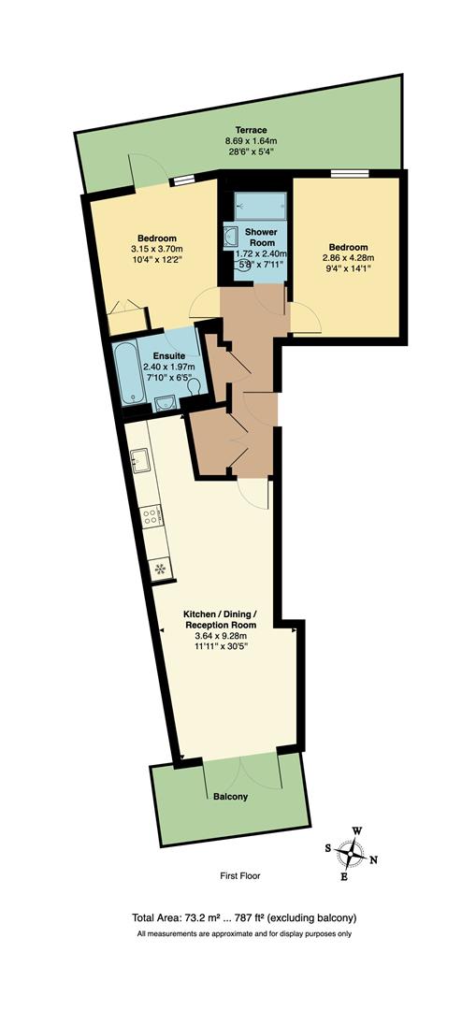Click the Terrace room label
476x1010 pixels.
click(251, 130)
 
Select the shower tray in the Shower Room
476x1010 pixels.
click(253, 203)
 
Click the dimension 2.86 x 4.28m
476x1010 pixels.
click(347, 258)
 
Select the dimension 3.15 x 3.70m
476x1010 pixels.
click(157, 250)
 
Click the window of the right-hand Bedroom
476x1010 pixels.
click(349, 172)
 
